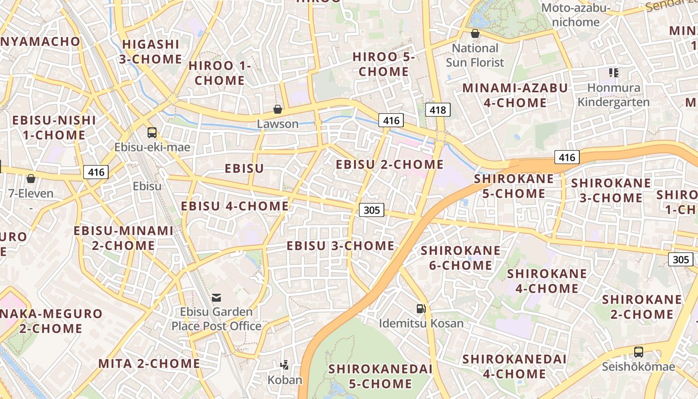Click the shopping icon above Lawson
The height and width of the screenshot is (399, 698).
tap(278, 109)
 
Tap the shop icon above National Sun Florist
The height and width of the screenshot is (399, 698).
tap(475, 34)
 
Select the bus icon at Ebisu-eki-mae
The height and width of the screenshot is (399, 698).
tap(152, 133)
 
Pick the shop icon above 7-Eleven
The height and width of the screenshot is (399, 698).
tap(31, 179)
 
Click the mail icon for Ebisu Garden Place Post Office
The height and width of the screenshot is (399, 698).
tap(216, 298)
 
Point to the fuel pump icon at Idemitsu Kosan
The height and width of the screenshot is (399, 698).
tap(421, 309)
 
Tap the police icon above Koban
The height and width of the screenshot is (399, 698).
tap(285, 365)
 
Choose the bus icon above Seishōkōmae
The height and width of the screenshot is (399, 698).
tap(638, 352)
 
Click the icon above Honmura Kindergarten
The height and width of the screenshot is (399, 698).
tap(614, 73)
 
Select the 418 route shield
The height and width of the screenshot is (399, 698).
tap(438, 110)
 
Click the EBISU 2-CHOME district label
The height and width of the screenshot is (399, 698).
tap(389, 165)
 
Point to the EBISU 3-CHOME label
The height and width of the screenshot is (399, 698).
tap(341, 246)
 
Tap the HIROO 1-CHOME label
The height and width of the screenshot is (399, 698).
tap(220, 73)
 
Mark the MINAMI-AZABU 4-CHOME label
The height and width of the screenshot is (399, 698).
tap(515, 95)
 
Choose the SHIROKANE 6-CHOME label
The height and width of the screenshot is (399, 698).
tap(461, 258)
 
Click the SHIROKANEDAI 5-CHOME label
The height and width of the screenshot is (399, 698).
tap(380, 376)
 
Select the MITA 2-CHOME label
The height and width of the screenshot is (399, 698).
tap(149, 364)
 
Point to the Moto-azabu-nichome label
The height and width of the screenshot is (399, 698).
tap(576, 15)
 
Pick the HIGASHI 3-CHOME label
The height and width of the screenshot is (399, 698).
tap(151, 51)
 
